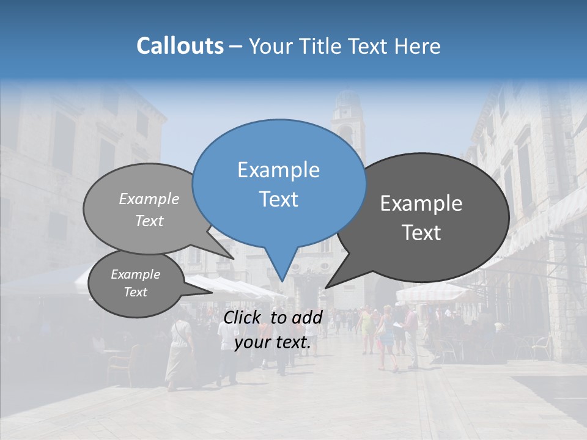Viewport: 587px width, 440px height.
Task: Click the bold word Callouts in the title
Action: [180, 46]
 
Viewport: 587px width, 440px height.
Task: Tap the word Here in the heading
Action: [416, 46]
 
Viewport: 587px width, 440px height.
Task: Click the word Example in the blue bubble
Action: [278, 170]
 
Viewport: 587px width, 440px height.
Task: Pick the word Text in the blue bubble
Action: [278, 199]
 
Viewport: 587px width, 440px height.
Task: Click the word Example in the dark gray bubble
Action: [421, 204]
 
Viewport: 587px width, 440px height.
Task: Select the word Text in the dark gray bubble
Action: [421, 233]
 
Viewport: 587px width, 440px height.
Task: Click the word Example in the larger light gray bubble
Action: [149, 199]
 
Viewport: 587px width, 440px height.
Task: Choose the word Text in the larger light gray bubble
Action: [149, 221]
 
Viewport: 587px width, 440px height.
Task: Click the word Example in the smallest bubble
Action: [135, 274]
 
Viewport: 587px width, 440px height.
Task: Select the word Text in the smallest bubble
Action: [135, 292]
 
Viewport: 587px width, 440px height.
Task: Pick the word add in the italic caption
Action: [306, 317]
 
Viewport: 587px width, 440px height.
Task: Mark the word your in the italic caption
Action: [251, 343]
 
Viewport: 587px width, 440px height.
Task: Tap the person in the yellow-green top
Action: [367, 327]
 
